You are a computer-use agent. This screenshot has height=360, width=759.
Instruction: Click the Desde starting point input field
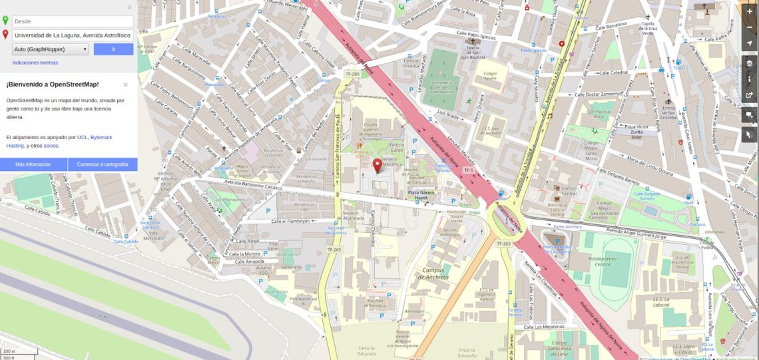coord(72,21)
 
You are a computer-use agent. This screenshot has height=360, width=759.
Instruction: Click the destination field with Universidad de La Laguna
coord(72,35)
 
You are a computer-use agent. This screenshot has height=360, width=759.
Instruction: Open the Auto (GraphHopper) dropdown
coord(50,49)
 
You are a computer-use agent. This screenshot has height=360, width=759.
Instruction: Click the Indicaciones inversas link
coord(35,63)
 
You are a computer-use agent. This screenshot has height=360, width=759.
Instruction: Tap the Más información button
coord(33,164)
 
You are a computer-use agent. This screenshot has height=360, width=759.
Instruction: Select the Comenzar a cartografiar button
coord(103,164)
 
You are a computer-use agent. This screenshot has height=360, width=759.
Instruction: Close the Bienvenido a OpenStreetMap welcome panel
coord(125,85)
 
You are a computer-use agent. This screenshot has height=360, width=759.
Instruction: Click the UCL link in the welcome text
coord(82,136)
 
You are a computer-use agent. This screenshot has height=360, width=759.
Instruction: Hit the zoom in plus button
coord(750,11)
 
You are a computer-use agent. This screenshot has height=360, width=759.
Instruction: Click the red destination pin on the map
coord(378,166)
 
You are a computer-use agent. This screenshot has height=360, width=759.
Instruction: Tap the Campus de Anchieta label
coord(435,273)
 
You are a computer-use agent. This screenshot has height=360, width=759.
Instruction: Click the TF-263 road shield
coord(503,244)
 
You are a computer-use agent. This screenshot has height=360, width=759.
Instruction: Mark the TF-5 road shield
coord(468,170)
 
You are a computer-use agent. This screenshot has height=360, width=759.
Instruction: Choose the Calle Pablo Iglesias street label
coord(478,33)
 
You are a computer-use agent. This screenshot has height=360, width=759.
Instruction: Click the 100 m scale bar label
coord(9,351)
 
